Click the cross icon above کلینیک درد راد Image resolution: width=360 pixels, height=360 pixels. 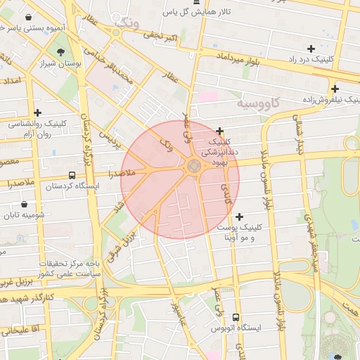(x=311, y=49)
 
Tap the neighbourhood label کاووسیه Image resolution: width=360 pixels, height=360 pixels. (x=258, y=104)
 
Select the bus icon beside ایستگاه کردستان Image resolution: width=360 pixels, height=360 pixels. (x=72, y=175)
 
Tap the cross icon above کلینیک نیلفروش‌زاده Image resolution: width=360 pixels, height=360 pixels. (x=335, y=89)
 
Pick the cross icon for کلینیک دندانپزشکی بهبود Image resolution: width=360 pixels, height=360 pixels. (x=220, y=131)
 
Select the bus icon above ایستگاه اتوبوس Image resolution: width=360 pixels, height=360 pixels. (x=235, y=317)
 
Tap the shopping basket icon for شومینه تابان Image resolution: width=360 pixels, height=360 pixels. (x=24, y=204)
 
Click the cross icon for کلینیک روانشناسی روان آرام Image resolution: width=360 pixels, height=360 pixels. (x=37, y=112)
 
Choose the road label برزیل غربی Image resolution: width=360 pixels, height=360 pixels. (x=14, y=282)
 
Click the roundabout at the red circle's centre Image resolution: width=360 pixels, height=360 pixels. (x=193, y=167)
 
